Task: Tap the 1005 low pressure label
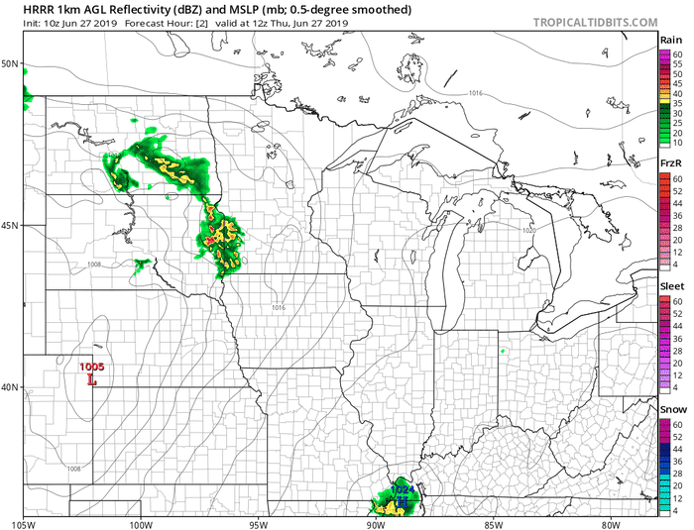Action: [91, 368]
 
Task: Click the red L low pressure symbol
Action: [92, 378]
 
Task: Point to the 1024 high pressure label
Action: [402, 489]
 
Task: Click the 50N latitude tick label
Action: [11, 63]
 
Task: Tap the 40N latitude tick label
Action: [11, 387]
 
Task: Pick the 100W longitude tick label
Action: [140, 523]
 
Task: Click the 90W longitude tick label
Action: [375, 523]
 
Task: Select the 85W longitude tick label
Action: [493, 523]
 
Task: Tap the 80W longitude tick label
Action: [610, 523]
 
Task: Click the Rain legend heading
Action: [671, 40]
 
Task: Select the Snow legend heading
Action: [672, 408]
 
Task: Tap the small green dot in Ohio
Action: [503, 350]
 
